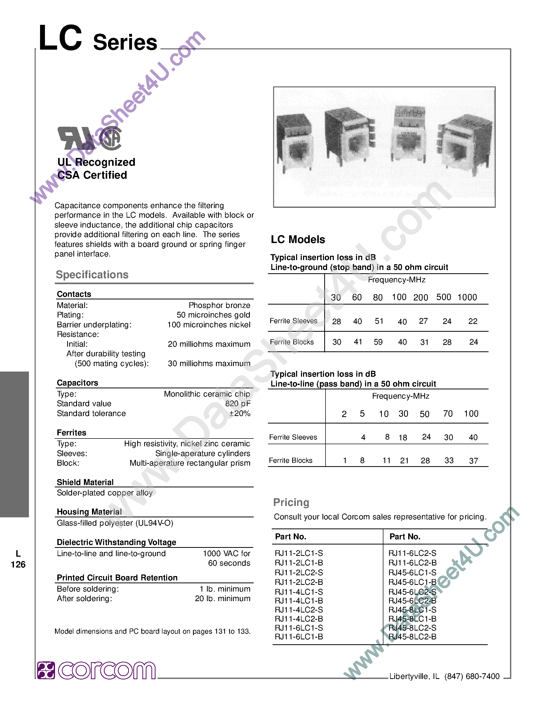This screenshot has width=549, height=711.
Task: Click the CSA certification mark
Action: [111, 138]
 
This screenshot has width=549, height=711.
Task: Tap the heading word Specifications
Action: [92, 274]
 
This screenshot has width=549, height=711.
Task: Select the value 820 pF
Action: [238, 404]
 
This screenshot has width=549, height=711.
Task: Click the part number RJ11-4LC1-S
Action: [299, 592]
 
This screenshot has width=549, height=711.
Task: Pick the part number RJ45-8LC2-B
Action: [412, 637]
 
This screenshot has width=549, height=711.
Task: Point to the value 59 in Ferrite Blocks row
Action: [378, 342]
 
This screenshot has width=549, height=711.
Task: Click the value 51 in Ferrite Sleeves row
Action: [379, 321]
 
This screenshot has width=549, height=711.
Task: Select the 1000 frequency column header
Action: [467, 297]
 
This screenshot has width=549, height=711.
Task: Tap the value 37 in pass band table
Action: [474, 461]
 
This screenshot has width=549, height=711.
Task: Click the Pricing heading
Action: [291, 502]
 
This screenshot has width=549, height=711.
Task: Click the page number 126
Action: [18, 564]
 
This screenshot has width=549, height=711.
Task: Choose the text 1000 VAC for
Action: [226, 554]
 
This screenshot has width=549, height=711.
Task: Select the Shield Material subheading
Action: [85, 482]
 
